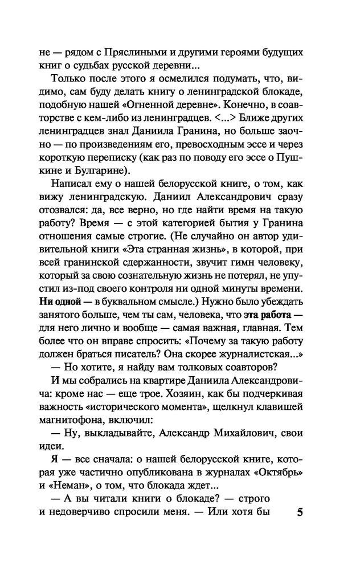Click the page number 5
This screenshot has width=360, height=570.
pos(300,511)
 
